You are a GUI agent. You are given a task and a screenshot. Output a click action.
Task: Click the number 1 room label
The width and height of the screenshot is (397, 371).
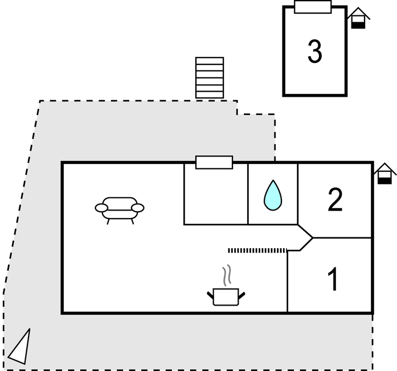(333, 279)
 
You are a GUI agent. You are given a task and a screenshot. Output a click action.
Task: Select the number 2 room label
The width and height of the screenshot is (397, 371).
(335, 199)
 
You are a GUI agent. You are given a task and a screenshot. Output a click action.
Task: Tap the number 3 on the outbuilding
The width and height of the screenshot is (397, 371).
(314, 52)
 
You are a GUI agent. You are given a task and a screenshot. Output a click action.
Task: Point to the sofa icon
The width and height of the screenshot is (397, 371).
(119, 208)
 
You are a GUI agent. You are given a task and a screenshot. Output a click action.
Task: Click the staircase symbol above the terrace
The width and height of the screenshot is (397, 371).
(210, 77)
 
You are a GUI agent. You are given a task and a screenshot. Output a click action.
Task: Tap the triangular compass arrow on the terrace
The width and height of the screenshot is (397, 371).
(19, 347)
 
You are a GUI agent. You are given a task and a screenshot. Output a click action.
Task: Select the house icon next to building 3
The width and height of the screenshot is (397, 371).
(358, 18)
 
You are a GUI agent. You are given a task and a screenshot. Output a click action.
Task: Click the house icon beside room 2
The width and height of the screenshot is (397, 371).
(385, 174)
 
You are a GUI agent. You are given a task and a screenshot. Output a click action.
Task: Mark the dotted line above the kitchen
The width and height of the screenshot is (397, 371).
(257, 250)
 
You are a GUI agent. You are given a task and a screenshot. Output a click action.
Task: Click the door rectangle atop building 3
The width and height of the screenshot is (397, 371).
(313, 7)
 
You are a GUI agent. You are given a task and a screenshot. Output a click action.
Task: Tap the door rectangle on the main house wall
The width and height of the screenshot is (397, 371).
(214, 162)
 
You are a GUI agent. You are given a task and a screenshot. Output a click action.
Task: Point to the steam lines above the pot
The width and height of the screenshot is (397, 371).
(227, 275)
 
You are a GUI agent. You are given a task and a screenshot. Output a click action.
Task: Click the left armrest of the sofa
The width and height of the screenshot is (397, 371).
(101, 208)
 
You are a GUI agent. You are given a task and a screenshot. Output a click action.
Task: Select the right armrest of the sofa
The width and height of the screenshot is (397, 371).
(137, 208)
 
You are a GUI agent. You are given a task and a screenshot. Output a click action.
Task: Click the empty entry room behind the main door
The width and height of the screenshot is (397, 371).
(215, 196)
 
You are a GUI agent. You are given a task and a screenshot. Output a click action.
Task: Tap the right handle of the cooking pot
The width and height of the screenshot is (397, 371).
(242, 295)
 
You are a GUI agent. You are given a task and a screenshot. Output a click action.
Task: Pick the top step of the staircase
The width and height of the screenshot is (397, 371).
(210, 60)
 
